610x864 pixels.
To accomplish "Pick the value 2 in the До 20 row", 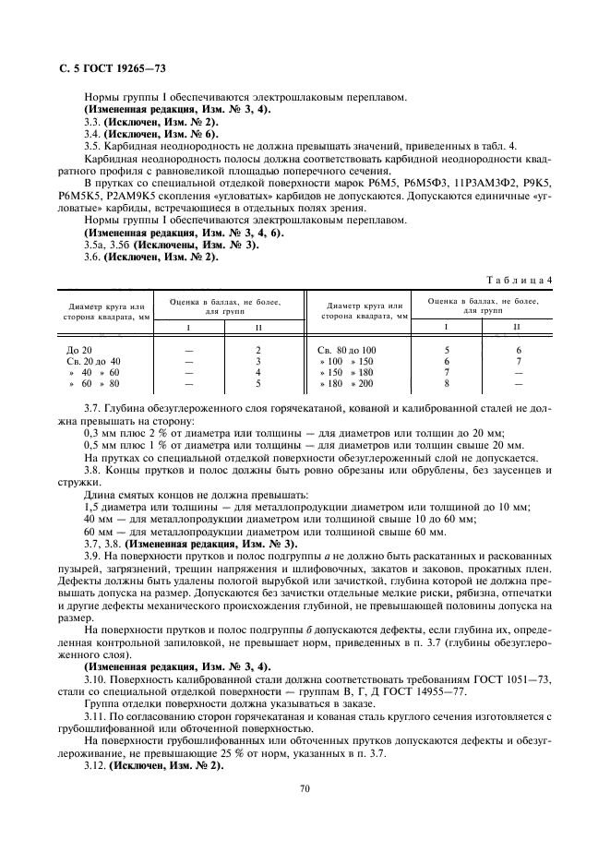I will click(x=232, y=350).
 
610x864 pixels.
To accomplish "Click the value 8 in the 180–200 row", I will click(x=447, y=383).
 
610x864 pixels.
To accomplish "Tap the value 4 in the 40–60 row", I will click(x=232, y=372).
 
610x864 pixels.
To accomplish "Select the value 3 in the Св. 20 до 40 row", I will click(x=232, y=361).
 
